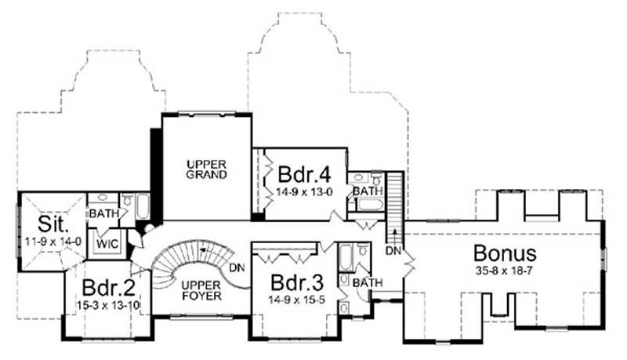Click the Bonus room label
505,253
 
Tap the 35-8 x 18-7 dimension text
505,271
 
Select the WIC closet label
107,242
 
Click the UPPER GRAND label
206,169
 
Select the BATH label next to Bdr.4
367,191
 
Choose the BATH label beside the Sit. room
103,213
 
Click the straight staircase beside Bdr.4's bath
394,196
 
